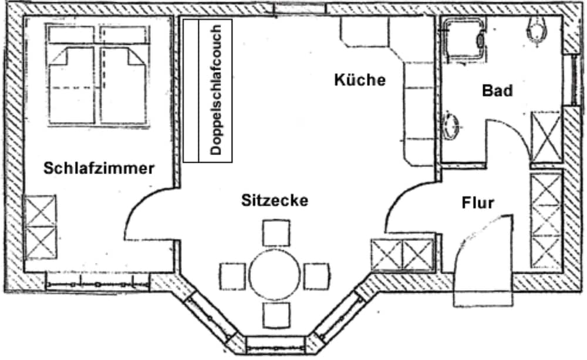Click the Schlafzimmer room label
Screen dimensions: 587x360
tap(99, 168)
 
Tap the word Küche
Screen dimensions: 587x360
tap(360, 80)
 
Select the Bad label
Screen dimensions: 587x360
tap(497, 90)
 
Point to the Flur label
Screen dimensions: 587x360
tap(478, 203)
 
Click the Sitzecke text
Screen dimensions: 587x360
tap(275, 200)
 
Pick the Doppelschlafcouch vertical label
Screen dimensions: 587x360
tap(216, 90)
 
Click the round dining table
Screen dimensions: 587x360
tap(275, 275)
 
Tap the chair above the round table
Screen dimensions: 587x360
tap(276, 233)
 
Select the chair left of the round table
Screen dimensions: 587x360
tap(233, 277)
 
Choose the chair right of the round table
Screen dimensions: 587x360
tap(317, 277)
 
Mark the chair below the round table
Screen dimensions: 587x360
tap(276, 315)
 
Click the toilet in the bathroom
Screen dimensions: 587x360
tap(537, 31)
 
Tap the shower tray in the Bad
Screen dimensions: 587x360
tap(463, 39)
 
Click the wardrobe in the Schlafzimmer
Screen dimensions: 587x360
tap(41, 227)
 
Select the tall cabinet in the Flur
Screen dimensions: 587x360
tap(546, 220)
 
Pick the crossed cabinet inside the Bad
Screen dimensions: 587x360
tap(546, 137)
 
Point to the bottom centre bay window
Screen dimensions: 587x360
tap(275, 345)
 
